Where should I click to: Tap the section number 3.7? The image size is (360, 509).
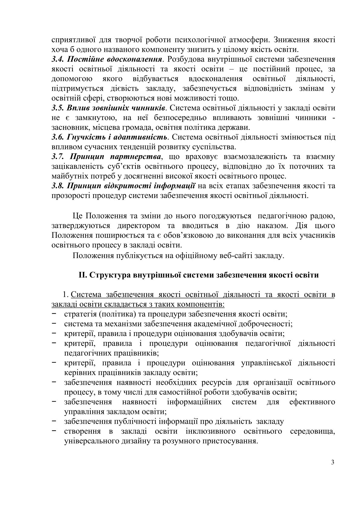[57, 157]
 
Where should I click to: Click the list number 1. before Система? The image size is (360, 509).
[65, 295]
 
